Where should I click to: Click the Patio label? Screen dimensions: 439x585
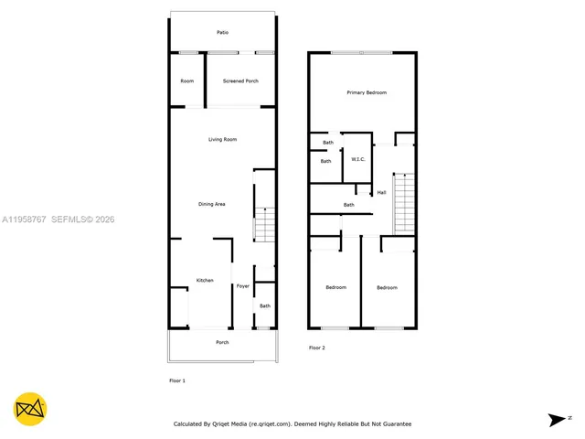click(222, 33)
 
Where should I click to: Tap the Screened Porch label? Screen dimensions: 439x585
click(240, 81)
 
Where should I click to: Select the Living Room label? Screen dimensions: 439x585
click(222, 139)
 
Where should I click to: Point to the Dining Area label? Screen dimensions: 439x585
click(212, 204)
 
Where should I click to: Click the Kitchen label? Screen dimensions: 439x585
click(205, 280)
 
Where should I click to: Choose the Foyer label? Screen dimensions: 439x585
click(242, 286)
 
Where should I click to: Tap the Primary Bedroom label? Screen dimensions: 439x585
click(366, 93)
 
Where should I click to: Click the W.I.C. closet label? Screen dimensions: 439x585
click(357, 160)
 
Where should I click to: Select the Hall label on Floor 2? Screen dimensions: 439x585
click(381, 193)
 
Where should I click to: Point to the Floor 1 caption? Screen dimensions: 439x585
click(177, 380)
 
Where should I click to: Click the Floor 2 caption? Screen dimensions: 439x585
click(316, 348)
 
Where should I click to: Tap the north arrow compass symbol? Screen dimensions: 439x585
click(558, 420)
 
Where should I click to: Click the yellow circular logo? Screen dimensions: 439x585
click(30, 409)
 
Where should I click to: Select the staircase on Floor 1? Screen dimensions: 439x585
click(263, 225)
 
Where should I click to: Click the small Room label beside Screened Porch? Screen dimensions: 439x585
click(186, 81)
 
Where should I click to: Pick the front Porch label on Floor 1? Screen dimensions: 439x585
click(222, 343)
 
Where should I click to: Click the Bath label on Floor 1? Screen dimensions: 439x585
click(265, 306)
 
